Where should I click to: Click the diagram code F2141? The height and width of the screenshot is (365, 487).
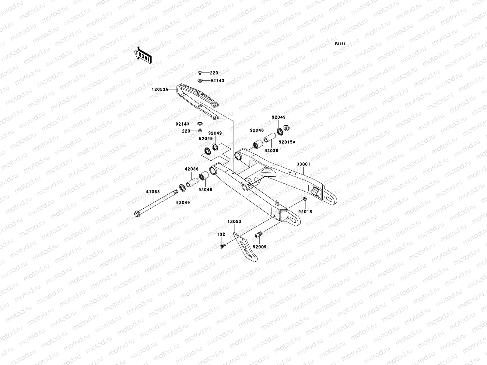click(340, 44)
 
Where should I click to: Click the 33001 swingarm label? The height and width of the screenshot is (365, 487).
click(303, 164)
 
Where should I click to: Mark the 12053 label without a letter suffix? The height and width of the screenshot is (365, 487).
click(234, 221)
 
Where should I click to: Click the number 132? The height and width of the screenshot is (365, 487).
click(221, 234)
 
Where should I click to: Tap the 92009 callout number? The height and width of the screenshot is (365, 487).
click(260, 247)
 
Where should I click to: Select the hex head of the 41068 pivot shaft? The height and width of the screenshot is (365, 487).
click(137, 214)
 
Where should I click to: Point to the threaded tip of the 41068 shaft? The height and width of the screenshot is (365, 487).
click(176, 192)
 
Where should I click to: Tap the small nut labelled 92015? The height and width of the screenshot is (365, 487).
click(305, 199)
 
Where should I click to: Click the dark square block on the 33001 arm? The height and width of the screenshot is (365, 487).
click(315, 191)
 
